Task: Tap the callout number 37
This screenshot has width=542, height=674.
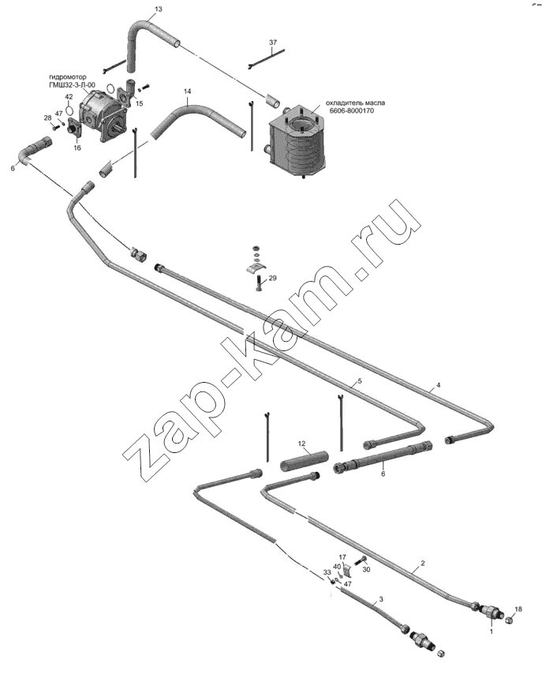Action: click(273, 43)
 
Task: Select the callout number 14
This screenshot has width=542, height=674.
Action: click(187, 92)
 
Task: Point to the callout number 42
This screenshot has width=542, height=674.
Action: click(69, 97)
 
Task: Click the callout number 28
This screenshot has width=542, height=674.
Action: click(47, 118)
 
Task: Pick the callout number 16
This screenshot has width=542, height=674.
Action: click(77, 148)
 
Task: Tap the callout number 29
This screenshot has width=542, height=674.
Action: click(272, 278)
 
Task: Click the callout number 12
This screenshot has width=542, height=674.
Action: click(301, 444)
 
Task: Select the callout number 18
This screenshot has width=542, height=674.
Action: click(518, 609)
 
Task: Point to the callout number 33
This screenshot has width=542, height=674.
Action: click(327, 572)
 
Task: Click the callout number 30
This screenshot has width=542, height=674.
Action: click(366, 570)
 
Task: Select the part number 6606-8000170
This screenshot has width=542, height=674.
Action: click(352, 110)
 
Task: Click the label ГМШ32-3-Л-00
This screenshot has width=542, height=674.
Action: click(73, 84)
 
